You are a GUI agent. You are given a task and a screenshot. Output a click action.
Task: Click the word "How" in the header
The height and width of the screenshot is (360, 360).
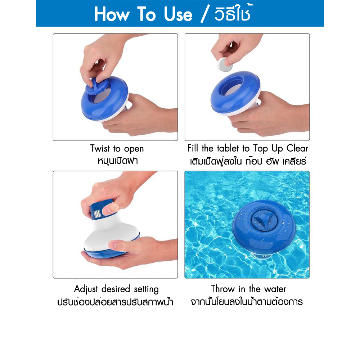(112, 14)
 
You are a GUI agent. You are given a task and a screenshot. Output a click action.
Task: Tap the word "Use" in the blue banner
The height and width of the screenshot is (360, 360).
(178, 14)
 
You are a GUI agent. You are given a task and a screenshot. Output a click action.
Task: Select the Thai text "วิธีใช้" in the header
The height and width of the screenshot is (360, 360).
(233, 13)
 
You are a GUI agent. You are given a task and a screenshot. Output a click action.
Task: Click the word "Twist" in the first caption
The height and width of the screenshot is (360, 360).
(100, 148)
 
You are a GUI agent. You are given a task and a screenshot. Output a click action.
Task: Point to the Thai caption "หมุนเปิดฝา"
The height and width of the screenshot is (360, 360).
(118, 161)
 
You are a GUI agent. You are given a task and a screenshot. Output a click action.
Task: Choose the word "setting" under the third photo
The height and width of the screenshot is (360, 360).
(146, 289)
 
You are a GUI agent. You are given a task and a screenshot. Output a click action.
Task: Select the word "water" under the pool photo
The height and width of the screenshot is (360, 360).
(275, 289)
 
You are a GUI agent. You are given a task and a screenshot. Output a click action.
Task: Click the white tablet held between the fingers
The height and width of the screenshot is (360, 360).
(225, 64)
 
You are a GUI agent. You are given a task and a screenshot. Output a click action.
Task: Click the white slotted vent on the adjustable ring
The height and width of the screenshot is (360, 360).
(97, 214)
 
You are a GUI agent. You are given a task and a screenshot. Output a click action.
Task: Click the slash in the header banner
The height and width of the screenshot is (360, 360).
(205, 14)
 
